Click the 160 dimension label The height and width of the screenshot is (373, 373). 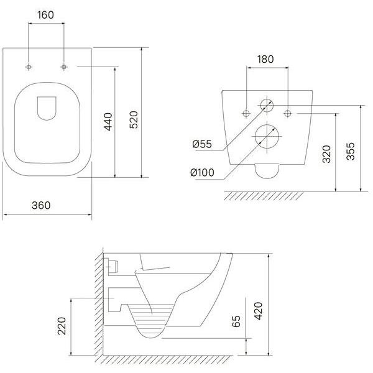(x=45, y=15)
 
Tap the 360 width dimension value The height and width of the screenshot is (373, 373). (x=41, y=206)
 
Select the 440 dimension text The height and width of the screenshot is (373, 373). (x=108, y=122)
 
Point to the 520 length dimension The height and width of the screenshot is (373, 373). (x=134, y=119)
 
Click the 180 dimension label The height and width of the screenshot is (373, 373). (x=265, y=59)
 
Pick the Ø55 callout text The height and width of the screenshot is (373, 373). (x=202, y=144)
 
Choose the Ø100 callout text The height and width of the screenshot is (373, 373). (x=203, y=172)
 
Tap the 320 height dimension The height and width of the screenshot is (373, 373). (x=326, y=154)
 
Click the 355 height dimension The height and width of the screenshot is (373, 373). (x=351, y=151)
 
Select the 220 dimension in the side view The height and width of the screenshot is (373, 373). (x=62, y=326)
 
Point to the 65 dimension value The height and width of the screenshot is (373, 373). (x=236, y=321)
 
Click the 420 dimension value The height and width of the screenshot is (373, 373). (x=259, y=311)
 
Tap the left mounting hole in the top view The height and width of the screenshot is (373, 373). (x=29, y=67)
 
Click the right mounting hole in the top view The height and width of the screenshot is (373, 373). (x=63, y=67)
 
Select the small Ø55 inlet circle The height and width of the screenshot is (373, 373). (x=267, y=106)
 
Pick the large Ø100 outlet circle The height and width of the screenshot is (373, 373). (x=267, y=137)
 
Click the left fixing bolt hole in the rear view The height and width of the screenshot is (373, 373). (x=246, y=114)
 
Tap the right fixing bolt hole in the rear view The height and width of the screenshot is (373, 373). (x=288, y=114)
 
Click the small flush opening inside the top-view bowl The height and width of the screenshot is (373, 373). (x=47, y=108)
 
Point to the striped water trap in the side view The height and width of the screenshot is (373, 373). (x=151, y=320)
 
